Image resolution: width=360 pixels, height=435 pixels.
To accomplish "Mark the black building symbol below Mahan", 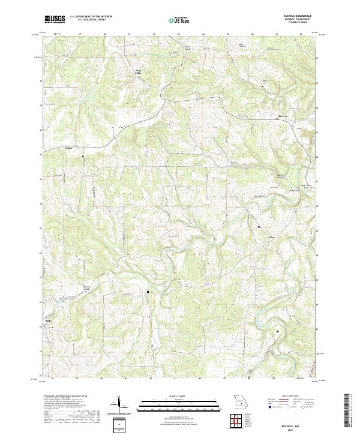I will coord(83,157).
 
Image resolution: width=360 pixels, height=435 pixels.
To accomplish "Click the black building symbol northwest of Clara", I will coord(259,227).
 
